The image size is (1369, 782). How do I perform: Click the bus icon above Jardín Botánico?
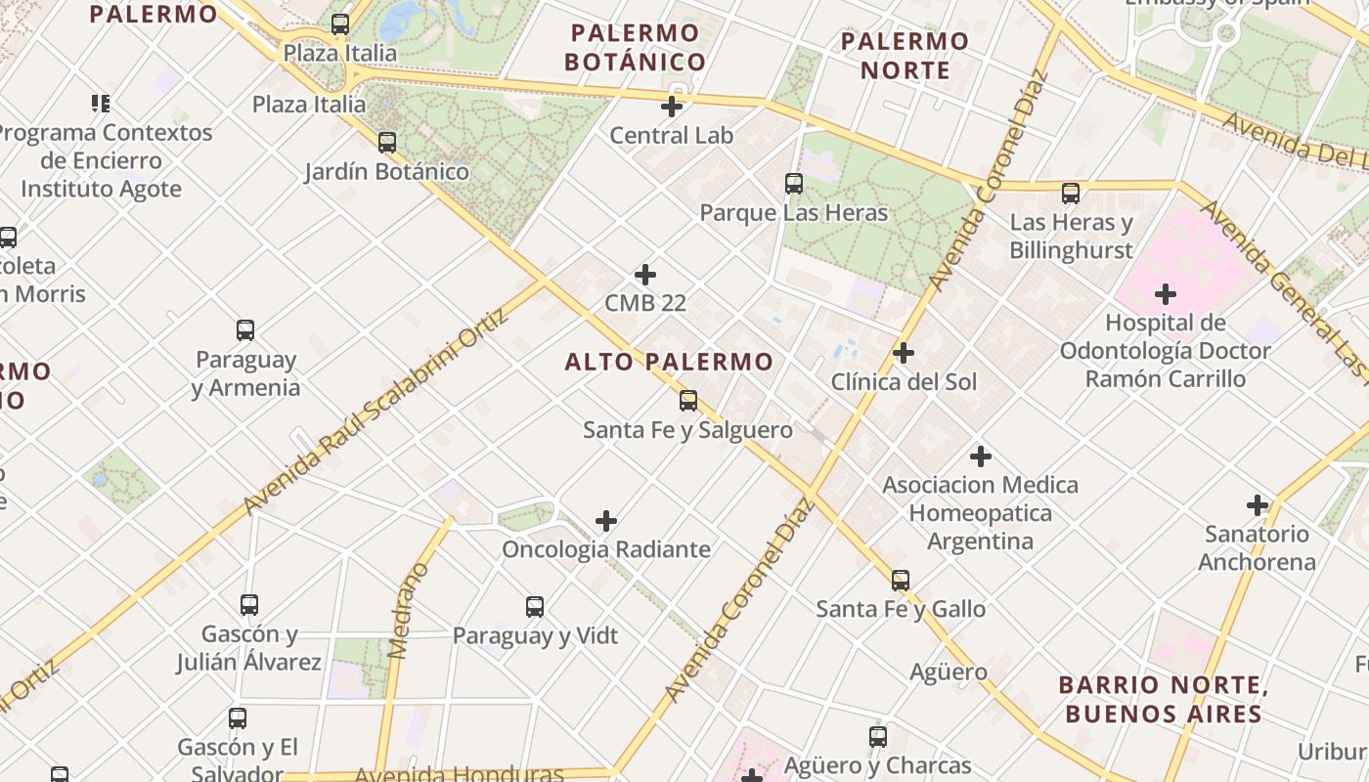pos(387,143)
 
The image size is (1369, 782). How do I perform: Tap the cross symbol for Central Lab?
pos(672,107)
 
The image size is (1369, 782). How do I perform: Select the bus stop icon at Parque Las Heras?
pos(794,183)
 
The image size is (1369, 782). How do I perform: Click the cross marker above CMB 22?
pos(645,275)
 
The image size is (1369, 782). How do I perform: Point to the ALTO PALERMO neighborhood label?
pos(669,362)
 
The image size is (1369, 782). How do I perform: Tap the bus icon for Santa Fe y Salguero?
pos(688,400)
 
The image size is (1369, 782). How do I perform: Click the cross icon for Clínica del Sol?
pos(904,353)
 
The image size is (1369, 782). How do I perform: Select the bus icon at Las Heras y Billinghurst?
pos(1071,194)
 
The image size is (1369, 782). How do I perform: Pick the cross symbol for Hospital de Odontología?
pos(1166,293)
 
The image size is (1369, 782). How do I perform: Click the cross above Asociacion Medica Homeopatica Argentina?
pos(981,456)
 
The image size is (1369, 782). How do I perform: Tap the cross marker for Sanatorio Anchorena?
pos(1258,505)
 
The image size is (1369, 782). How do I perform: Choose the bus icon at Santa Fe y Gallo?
pos(901,581)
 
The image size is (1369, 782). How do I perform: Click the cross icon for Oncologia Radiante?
pos(606,521)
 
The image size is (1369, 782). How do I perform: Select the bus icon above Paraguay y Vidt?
pos(535,607)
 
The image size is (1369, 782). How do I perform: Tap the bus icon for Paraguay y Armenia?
pos(245,330)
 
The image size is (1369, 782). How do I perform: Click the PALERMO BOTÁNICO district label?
pos(636,47)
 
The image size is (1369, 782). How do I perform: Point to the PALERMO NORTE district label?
pos(905,56)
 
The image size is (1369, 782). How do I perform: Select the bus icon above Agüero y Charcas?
pos(878,737)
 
